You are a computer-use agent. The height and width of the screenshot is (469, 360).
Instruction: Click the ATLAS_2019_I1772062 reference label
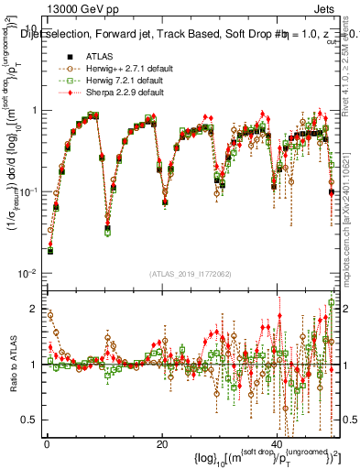[191, 274]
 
